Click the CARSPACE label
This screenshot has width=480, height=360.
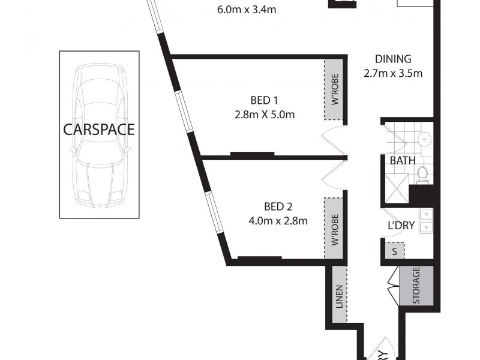coord(100,130)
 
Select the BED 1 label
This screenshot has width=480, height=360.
coord(265,101)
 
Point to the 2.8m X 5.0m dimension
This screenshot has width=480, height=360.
coord(265,115)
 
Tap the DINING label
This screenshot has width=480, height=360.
coord(393,59)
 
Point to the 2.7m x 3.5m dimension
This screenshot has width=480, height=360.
coord(393,74)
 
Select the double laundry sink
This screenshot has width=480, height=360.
coord(426,220)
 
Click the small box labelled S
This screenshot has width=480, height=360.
coord(394,251)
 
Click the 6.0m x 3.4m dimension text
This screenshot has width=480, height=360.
coord(243,9)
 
